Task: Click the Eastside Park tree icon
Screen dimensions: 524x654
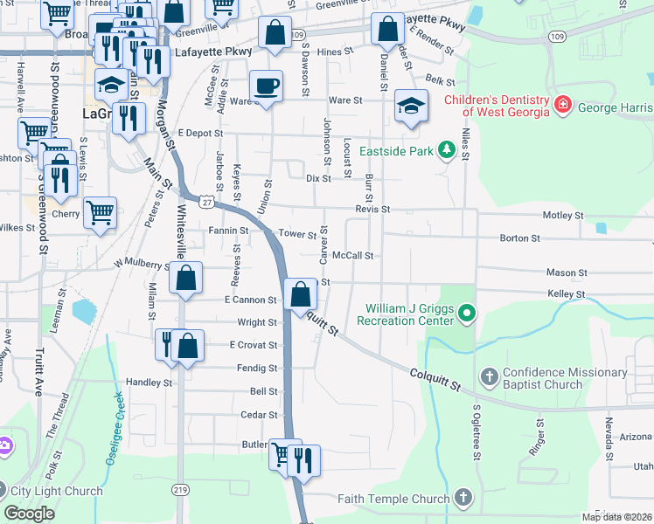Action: coord(446,149)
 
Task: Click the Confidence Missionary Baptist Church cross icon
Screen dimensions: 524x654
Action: coord(490,378)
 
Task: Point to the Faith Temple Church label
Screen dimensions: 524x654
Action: coord(393,500)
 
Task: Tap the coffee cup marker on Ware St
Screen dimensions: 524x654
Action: coord(266,86)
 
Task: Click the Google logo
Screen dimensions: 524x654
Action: coord(29,513)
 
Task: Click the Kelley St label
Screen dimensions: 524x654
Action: coord(565,295)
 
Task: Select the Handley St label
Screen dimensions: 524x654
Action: coord(150,383)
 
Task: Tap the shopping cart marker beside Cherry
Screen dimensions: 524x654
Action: coord(100,212)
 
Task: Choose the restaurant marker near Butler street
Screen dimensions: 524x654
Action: coord(303,459)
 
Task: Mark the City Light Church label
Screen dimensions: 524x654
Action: coord(57,491)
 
